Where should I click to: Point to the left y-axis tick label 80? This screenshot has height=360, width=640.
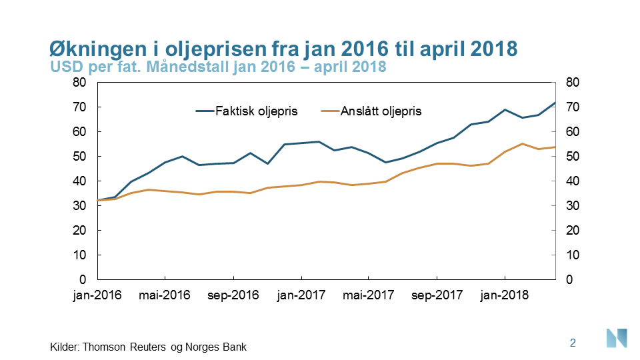click(x=80, y=83)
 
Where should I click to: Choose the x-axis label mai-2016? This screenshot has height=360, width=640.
click(x=165, y=295)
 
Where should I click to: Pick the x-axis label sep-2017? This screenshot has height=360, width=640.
click(x=437, y=295)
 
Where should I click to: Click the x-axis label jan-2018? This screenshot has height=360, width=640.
click(x=505, y=295)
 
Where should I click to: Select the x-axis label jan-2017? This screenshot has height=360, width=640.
click(x=301, y=295)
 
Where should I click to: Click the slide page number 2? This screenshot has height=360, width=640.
click(x=573, y=343)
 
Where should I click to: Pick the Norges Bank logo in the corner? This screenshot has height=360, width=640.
click(x=617, y=337)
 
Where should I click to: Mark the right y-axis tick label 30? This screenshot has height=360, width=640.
click(x=572, y=206)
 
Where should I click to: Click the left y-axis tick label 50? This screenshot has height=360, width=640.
click(x=80, y=157)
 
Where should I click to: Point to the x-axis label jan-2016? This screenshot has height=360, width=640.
click(x=97, y=295)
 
